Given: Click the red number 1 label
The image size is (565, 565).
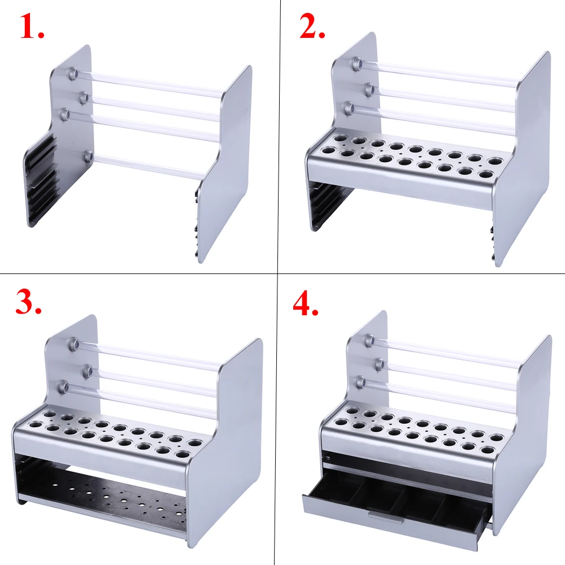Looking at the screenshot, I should click(x=32, y=27).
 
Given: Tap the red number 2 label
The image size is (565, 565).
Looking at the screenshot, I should click(x=312, y=27).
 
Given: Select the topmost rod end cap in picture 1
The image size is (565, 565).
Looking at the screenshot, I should click(x=73, y=73).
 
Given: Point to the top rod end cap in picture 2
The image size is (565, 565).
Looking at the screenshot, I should click(x=357, y=63).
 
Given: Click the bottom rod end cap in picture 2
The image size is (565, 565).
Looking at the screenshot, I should click(x=349, y=107).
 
